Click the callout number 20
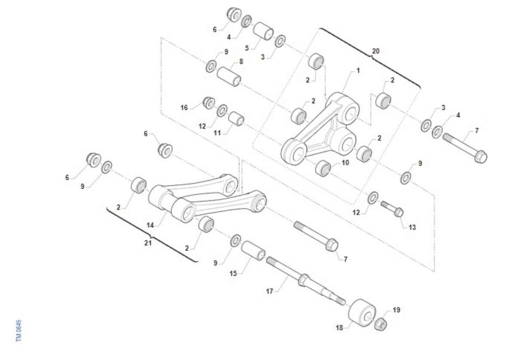point(376,51)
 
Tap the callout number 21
point(148,243)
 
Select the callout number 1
point(358,71)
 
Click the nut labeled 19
point(381,325)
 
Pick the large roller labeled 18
point(362,313)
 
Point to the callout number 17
point(270,291)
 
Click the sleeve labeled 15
point(253,251)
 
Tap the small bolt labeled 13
point(392,209)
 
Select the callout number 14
point(150,225)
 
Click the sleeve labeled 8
point(229,77)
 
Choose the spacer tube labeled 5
point(263,31)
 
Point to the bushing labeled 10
point(323,169)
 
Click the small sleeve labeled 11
point(236,119)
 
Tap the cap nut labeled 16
point(209,103)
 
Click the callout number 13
point(412,228)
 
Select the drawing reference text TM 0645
point(18,330)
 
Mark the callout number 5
point(247,48)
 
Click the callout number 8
point(241,62)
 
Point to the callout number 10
point(345,163)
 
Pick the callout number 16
point(184,108)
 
